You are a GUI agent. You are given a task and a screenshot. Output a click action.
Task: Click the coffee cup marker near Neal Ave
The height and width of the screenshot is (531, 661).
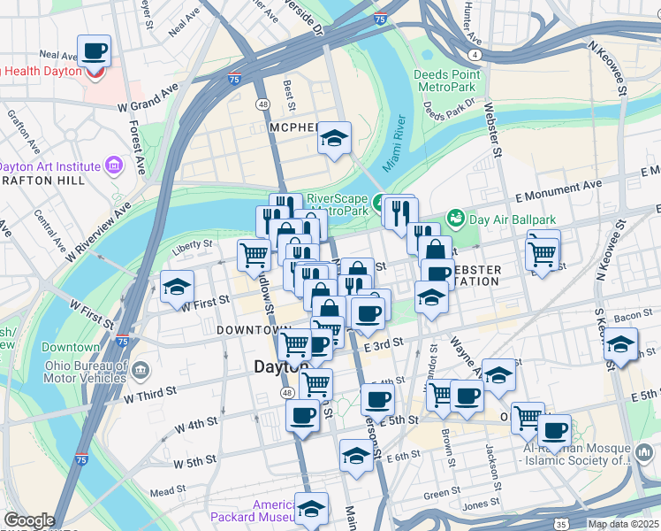94,51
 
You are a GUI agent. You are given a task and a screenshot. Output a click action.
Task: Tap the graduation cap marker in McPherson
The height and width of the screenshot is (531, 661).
335,138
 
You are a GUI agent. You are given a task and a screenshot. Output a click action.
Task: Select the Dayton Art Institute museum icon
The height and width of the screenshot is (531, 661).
113,165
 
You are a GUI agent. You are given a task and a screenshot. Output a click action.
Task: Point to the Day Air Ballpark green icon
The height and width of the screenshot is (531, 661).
455,217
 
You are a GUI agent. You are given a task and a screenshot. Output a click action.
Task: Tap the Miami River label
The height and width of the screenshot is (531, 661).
392,143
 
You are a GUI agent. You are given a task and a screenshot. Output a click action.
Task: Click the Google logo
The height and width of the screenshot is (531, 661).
29,520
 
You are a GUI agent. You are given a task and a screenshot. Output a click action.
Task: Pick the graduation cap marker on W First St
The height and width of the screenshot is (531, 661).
177,288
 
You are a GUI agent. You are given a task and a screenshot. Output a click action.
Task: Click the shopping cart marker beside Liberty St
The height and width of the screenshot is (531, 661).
254,255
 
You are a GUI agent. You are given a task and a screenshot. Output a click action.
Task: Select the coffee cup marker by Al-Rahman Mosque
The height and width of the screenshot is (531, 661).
555,431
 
